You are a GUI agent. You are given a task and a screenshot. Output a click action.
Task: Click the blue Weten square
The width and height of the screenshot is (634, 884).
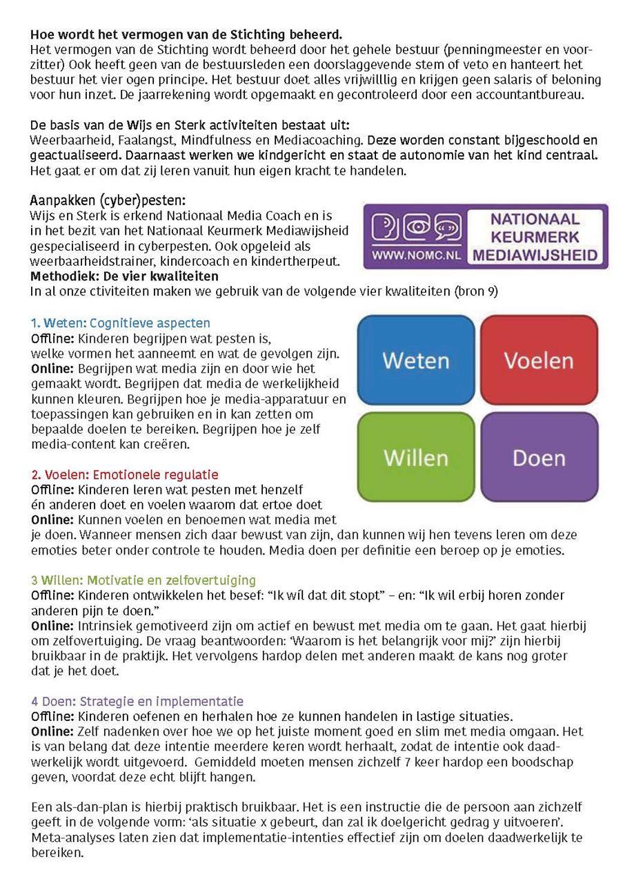click(x=415, y=360)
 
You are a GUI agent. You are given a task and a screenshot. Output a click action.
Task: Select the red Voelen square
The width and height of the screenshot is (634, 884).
click(x=539, y=360)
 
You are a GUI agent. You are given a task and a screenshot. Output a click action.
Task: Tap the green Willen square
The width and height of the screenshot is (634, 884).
click(x=415, y=457)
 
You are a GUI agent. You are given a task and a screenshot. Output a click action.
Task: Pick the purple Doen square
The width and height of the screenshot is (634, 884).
click(x=539, y=457)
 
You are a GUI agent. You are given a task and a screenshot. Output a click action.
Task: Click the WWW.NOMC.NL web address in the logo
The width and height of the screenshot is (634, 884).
click(x=417, y=254)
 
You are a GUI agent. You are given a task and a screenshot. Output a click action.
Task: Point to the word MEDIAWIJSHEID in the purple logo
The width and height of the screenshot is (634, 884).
click(x=535, y=255)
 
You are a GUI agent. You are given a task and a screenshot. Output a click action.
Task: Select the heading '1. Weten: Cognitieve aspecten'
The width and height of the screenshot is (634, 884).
click(x=121, y=323)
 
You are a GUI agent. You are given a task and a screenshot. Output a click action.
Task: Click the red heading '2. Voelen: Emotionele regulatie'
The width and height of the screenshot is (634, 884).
click(x=125, y=474)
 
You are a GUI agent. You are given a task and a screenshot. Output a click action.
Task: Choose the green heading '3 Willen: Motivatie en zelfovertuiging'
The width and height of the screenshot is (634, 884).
click(x=143, y=580)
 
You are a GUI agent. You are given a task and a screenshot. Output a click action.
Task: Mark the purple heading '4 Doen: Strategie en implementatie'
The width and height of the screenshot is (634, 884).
click(x=137, y=701)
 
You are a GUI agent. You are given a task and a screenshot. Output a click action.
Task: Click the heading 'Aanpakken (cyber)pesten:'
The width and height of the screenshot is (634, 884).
click(x=108, y=201)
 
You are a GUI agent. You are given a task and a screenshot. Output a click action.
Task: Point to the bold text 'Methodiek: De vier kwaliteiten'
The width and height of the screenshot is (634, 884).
click(x=125, y=276)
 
